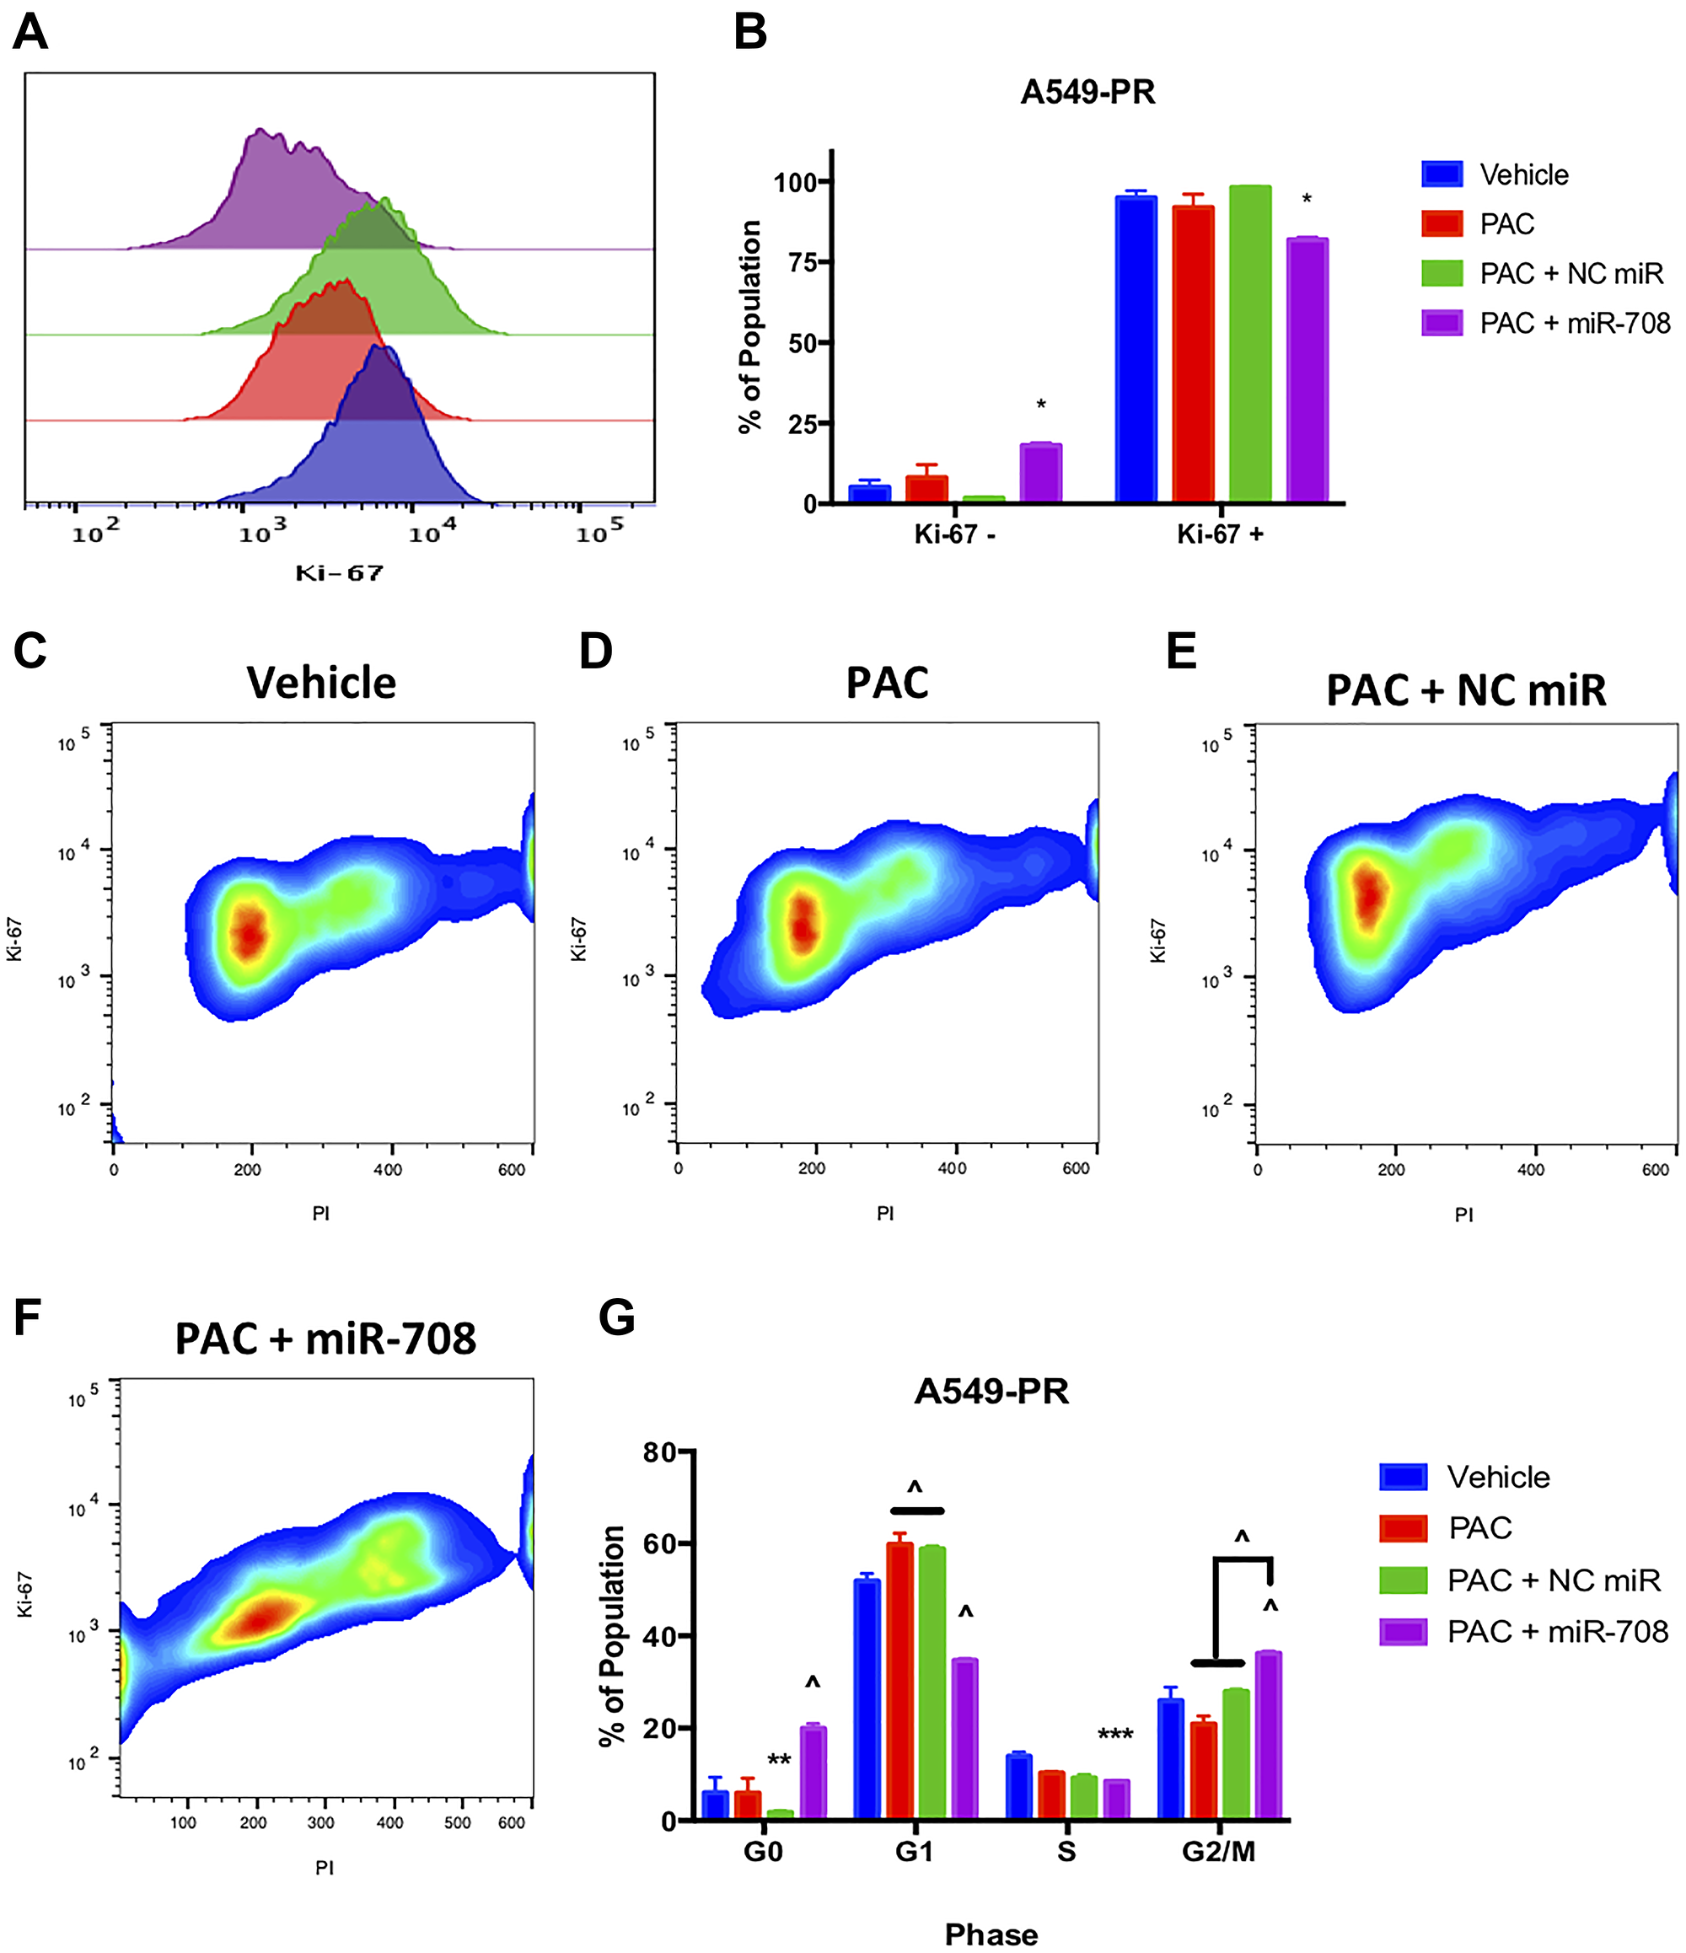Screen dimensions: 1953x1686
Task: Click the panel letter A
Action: click(30, 32)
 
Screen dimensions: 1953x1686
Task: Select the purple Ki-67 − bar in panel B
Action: click(1040, 472)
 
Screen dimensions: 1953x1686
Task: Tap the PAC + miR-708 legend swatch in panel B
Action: click(1441, 324)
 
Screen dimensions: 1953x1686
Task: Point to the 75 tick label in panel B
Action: click(802, 263)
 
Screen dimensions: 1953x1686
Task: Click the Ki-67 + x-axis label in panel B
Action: click(1220, 534)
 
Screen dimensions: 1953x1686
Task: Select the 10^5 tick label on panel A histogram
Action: click(599, 532)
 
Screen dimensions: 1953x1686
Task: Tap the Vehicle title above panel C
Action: click(321, 683)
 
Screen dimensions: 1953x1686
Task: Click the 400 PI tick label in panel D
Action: click(952, 1169)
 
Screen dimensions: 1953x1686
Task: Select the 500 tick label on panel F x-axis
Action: click(457, 1823)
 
